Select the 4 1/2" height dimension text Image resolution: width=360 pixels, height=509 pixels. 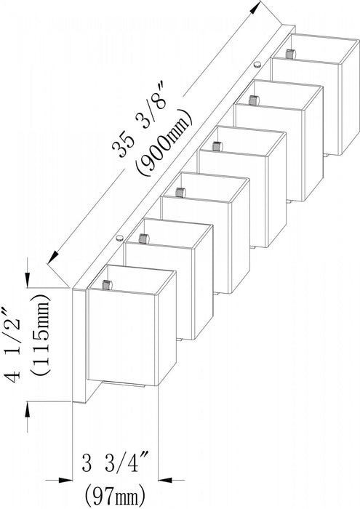pos(13,345)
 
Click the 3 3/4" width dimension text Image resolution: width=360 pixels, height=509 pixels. pos(115,464)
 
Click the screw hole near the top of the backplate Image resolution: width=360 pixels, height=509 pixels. pos(257,64)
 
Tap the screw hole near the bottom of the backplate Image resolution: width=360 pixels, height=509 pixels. pos(120,238)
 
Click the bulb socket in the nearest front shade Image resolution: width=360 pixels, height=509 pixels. pos(106,285)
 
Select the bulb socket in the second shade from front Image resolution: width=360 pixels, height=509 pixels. pos(143,239)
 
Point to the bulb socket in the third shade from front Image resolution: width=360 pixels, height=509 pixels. pos(180,192)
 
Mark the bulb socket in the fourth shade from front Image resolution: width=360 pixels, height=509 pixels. pos(216,145)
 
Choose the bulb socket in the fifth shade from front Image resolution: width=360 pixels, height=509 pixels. pos(253,100)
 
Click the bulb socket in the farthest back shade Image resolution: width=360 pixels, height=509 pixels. pos(290,54)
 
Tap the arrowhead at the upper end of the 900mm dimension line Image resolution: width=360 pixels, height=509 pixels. pos(257,7)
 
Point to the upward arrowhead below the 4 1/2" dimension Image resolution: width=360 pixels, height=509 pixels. pos(28,409)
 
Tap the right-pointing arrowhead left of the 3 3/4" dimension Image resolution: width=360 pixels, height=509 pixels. pos(64,479)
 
